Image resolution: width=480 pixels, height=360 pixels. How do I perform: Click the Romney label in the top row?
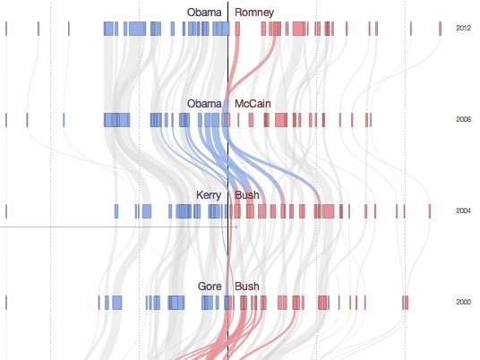pyautogui.click(x=254, y=13)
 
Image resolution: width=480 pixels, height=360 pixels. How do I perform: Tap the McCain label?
pyautogui.click(x=253, y=104)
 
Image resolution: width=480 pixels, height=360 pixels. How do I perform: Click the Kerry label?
pyautogui.click(x=209, y=195)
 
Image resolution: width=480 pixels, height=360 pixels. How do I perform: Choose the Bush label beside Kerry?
pyautogui.click(x=246, y=195)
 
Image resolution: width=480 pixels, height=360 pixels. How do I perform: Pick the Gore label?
pyautogui.click(x=210, y=287)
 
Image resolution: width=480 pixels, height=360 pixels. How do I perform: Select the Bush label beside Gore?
pyautogui.click(x=246, y=287)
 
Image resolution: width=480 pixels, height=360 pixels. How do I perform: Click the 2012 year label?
pyautogui.click(x=463, y=29)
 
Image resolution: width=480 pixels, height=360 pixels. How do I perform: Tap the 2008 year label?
pyautogui.click(x=463, y=119)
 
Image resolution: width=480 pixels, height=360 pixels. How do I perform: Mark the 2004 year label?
pyautogui.click(x=463, y=211)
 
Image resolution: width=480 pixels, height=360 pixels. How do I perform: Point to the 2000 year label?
pyautogui.click(x=463, y=303)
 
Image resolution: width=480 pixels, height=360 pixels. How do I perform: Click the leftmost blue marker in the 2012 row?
pyautogui.click(x=6, y=29)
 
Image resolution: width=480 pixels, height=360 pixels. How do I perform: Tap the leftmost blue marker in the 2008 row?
pyautogui.click(x=7, y=119)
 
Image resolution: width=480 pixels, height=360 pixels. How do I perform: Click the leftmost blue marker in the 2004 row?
pyautogui.click(x=6, y=211)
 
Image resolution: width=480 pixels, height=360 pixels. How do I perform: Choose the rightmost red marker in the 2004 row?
pyautogui.click(x=407, y=211)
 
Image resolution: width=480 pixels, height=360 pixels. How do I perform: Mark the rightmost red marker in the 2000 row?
pyautogui.click(x=406, y=303)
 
